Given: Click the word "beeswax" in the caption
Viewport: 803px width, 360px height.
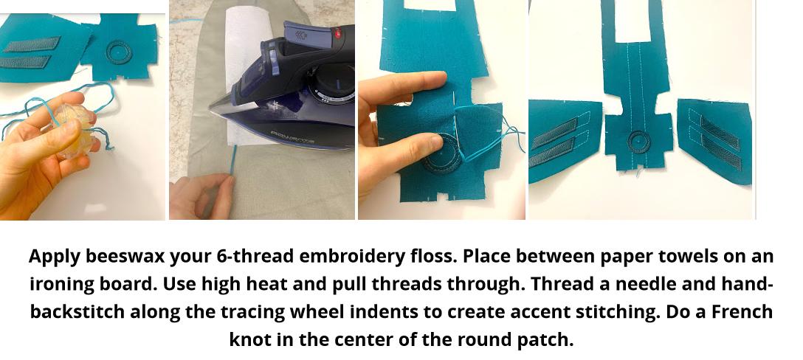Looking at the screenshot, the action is pos(125,256).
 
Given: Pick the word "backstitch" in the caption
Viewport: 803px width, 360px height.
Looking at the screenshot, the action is pos(77,312).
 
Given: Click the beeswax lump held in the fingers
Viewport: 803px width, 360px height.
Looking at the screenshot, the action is pos(74,131).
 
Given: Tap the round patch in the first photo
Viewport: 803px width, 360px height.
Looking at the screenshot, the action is pos(119,52).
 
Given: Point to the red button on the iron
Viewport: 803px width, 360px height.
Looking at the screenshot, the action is pos(337,33).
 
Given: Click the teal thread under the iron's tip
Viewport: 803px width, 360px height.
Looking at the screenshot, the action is pos(233,161).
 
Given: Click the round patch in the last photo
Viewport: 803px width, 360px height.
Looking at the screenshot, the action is pos(638,142).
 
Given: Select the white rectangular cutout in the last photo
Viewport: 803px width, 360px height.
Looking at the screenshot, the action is pos(633,21).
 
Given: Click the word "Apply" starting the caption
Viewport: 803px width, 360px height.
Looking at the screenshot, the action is pos(55,256).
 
